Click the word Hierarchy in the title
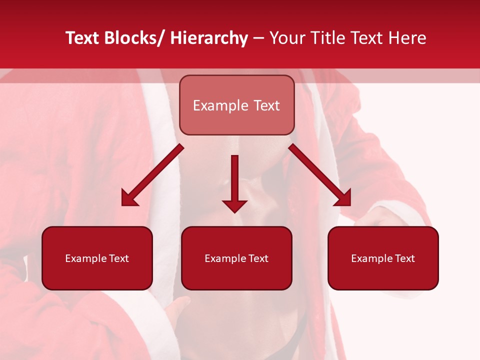pos(209,38)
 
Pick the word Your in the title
pos(286,38)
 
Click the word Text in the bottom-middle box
pos(258,258)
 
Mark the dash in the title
pos(258,39)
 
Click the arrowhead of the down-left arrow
pos(129,197)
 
